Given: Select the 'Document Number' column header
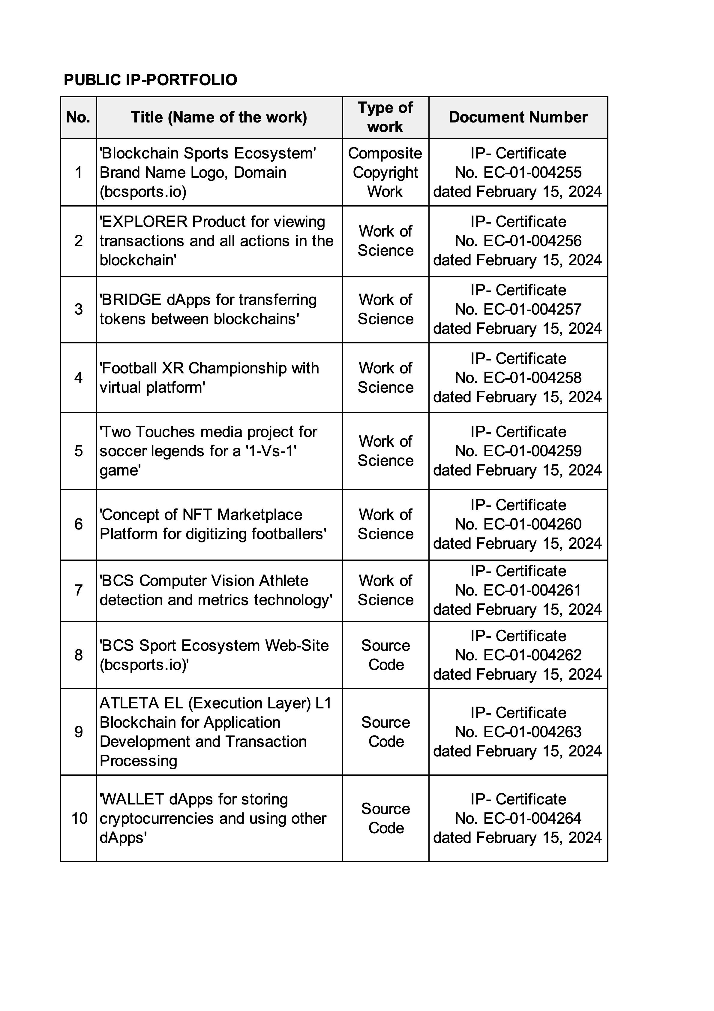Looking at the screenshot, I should click(518, 117).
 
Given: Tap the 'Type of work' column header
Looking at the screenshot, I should click(385, 117).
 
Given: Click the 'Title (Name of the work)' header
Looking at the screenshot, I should click(219, 117).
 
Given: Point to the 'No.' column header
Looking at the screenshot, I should click(78, 117).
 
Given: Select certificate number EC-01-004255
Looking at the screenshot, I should click(532, 172).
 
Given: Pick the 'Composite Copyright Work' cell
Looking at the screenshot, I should click(385, 172).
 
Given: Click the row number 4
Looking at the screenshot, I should click(78, 377).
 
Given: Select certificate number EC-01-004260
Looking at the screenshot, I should click(532, 524).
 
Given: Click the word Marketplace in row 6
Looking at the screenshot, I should click(260, 514).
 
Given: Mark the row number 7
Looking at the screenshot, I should click(78, 590).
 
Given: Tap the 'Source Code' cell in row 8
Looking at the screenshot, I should click(385, 655).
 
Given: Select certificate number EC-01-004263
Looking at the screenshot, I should click(532, 732).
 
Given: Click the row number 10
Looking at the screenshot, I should click(79, 818).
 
